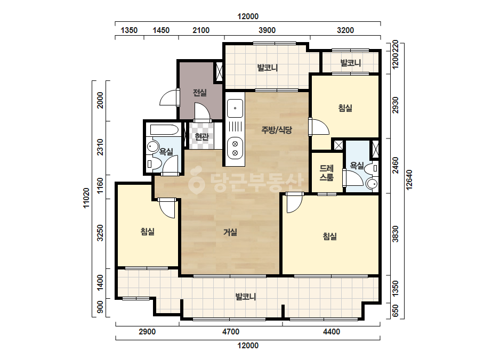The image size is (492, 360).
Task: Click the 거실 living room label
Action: (x=230, y=232)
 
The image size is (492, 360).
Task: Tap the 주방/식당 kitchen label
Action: (x=277, y=129)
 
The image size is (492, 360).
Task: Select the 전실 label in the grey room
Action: (x=199, y=93)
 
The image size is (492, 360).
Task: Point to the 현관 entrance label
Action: (x=201, y=137)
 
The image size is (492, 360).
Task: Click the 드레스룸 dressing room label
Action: (x=326, y=173)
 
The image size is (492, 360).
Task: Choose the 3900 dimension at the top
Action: (x=267, y=30)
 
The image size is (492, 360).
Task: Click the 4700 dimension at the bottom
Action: (x=231, y=331)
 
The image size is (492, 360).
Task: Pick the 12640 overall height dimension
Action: (x=409, y=179)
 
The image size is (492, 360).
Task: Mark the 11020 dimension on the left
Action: (x=86, y=198)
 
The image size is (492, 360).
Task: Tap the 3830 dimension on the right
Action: (x=396, y=234)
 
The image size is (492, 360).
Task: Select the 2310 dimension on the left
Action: (x=100, y=147)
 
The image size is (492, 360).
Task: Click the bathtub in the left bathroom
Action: (x=164, y=129)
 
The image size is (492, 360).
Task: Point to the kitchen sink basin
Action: (x=235, y=109)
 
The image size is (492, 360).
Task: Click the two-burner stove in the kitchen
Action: (x=235, y=149)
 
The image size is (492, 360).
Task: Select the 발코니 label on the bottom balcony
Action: (x=246, y=296)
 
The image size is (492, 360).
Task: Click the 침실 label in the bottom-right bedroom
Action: (x=330, y=236)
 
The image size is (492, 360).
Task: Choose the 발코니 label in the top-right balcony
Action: (x=351, y=63)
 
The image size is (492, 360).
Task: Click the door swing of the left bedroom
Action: (x=166, y=208)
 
